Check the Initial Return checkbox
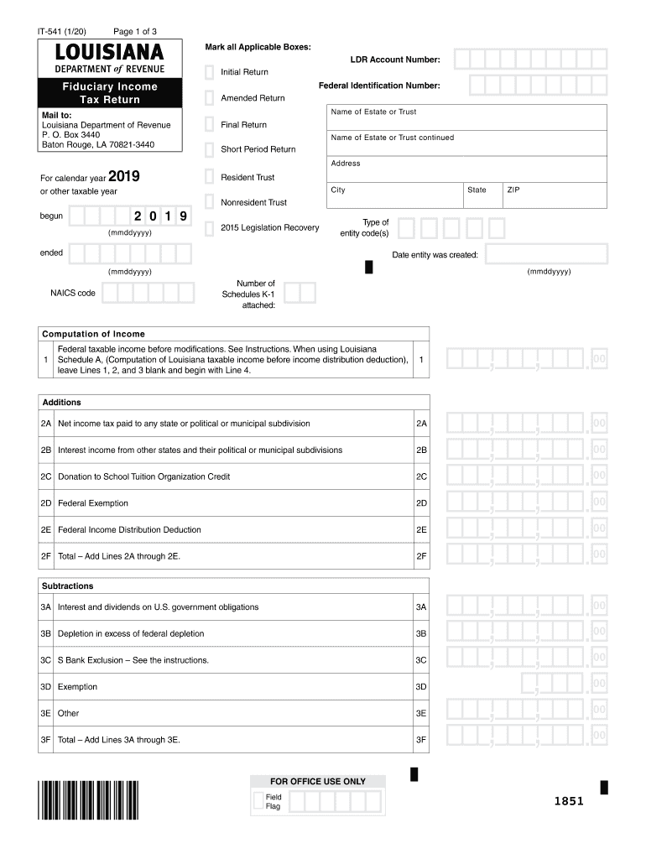point(209,72)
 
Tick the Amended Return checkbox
point(209,98)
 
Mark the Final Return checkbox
point(209,125)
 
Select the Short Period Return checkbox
point(209,149)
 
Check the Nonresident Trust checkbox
point(209,202)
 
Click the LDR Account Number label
point(394,60)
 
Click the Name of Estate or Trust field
point(467,118)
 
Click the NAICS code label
point(73,294)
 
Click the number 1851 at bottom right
point(568,801)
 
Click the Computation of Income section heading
point(93,334)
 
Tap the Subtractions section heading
point(68,586)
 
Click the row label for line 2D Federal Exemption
point(93,503)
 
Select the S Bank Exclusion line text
point(133,660)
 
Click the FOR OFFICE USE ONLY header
point(318,781)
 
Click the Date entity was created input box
point(545,255)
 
